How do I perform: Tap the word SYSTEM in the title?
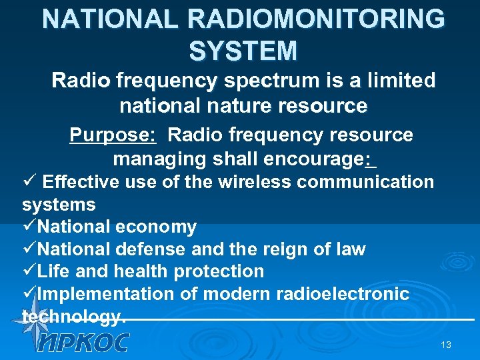click(243, 51)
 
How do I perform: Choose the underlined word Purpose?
click(113, 135)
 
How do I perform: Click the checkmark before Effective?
click(28, 181)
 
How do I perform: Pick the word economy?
click(156, 227)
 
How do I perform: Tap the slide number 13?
click(446, 345)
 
